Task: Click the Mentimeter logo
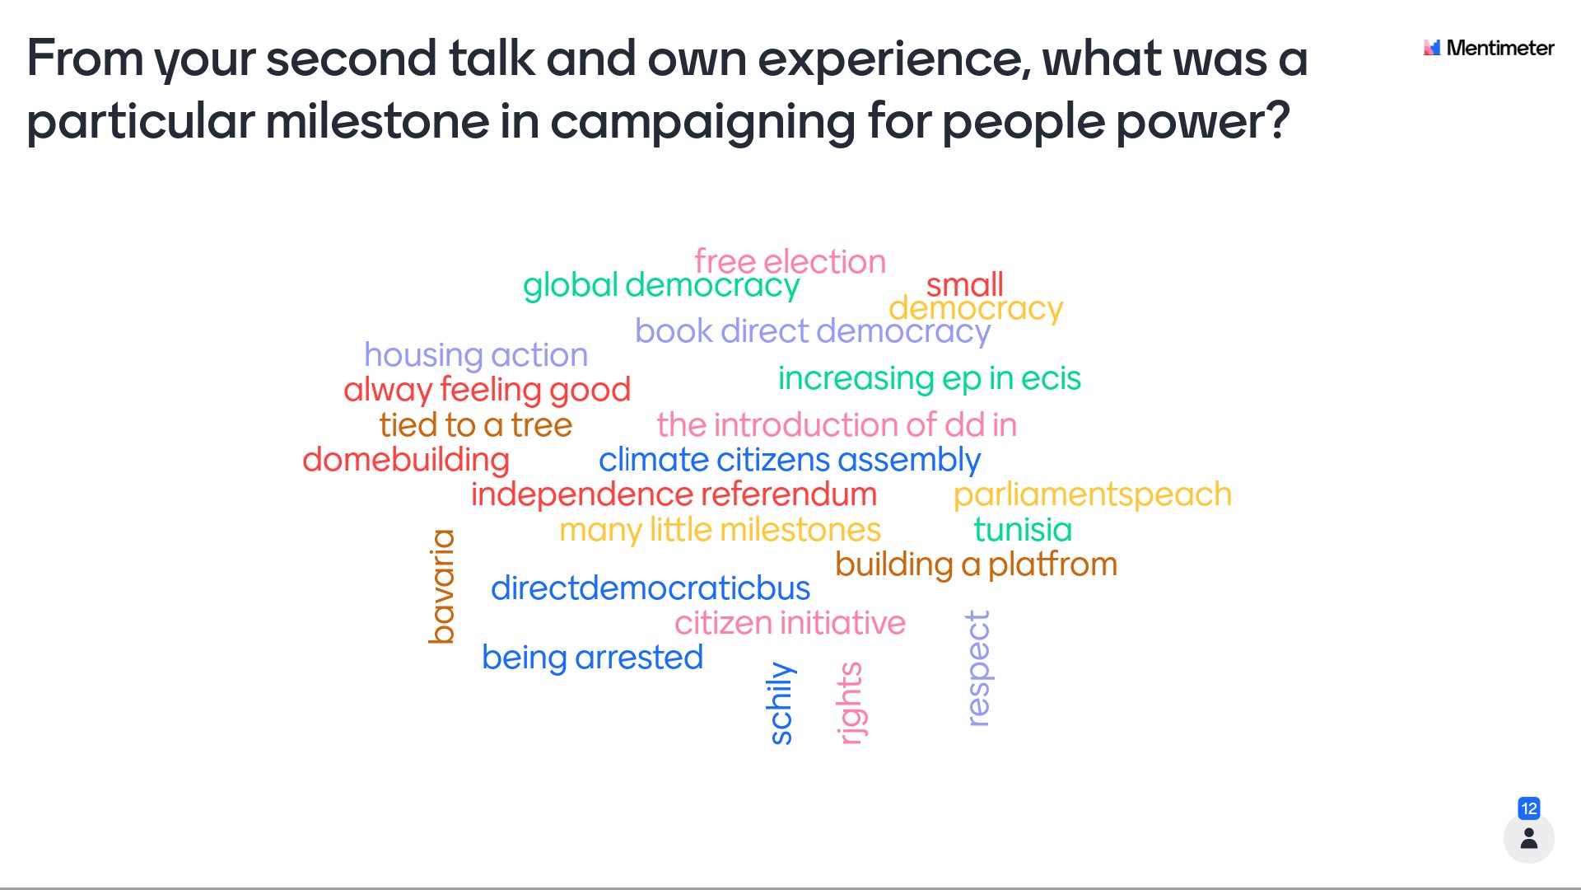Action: point(1489,48)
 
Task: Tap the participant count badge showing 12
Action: point(1529,808)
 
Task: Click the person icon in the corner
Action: point(1529,838)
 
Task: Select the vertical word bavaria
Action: point(442,586)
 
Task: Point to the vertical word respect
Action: point(977,668)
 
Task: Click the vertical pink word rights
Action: point(851,703)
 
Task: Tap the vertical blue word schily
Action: point(780,703)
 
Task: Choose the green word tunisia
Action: point(1023,529)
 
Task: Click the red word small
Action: point(964,284)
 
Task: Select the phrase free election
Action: point(790,261)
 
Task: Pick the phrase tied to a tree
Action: point(476,424)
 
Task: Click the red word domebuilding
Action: point(406,460)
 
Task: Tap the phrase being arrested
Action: point(593,658)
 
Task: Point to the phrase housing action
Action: point(476,355)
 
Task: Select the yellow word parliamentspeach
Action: point(1093,494)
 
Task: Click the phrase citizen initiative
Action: point(790,623)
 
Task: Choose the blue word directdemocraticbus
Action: point(651,588)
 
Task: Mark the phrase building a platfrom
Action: point(977,564)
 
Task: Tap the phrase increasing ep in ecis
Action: point(930,378)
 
